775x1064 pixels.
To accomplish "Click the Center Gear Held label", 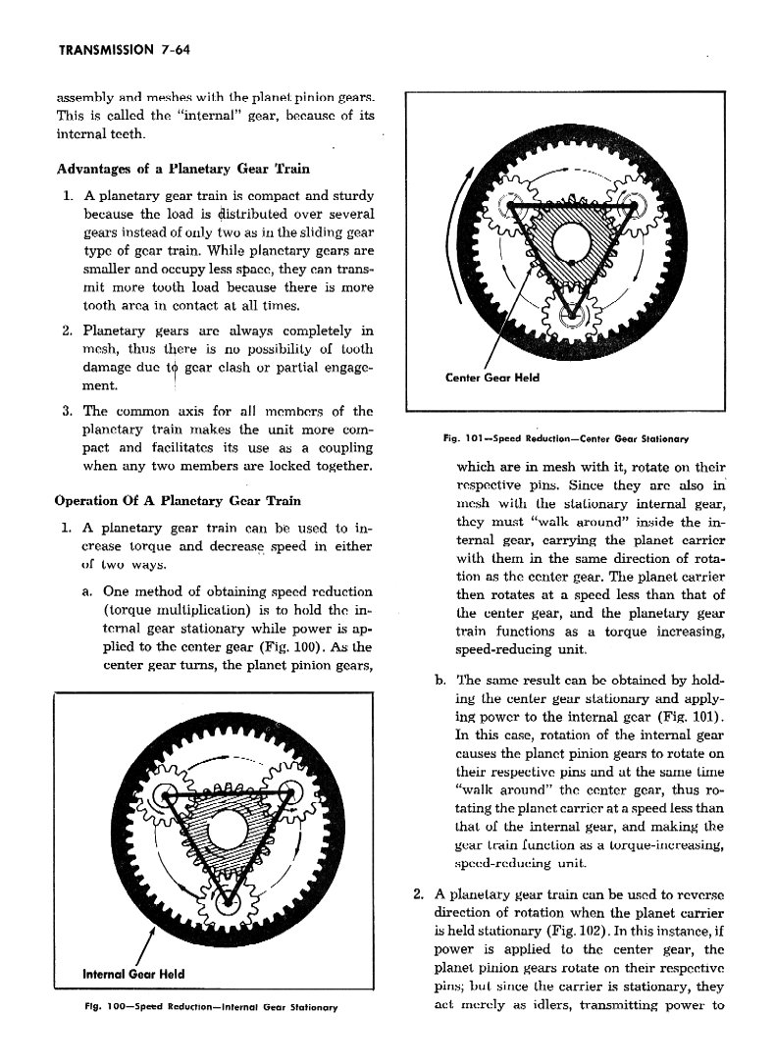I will [492, 379].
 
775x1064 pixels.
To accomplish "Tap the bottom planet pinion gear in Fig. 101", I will [573, 316].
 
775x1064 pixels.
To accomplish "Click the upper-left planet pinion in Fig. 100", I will [167, 792].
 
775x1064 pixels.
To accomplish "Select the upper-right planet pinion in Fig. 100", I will [294, 791].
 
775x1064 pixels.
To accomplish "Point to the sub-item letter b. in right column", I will [438, 681].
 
